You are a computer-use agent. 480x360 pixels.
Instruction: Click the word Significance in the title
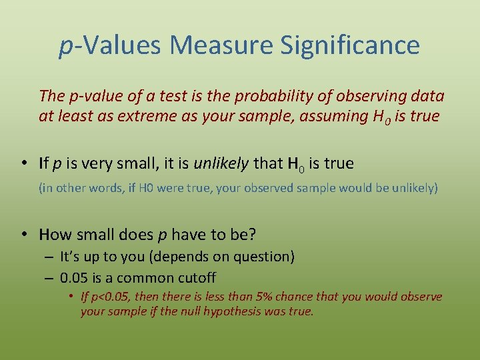point(350,45)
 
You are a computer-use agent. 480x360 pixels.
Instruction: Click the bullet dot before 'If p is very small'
point(24,163)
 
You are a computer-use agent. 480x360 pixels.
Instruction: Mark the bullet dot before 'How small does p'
point(24,234)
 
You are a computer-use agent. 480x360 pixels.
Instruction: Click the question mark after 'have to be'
point(253,234)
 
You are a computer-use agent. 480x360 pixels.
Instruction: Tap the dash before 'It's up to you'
point(50,257)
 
